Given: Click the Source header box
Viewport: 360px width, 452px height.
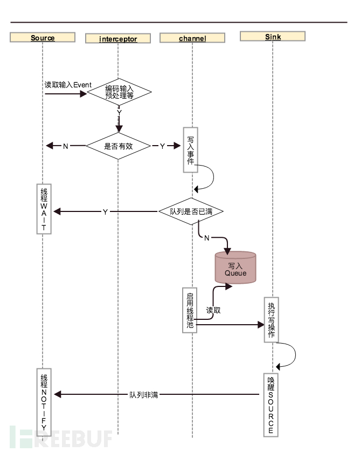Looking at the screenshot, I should click(43, 38).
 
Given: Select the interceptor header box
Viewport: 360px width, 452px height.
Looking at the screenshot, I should click(118, 39).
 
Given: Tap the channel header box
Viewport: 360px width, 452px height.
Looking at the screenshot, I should click(192, 38).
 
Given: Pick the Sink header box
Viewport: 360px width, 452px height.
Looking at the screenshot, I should click(273, 37).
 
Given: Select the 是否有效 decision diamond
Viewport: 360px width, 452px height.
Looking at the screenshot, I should click(119, 146).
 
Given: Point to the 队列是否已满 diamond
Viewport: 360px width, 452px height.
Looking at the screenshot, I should click(191, 211).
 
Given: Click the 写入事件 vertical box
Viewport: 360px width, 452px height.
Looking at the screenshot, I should click(191, 149).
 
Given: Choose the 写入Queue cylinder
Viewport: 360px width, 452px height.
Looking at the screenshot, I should click(236, 268).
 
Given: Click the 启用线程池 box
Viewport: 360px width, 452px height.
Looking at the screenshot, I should click(190, 310).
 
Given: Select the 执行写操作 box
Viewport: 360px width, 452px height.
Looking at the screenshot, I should click(271, 319).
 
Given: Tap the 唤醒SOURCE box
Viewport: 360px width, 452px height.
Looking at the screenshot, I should click(271, 405).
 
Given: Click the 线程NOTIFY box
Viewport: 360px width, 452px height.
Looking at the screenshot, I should click(44, 402).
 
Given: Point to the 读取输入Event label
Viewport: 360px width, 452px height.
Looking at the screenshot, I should click(68, 85).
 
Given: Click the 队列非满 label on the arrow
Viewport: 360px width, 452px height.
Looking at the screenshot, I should click(144, 395).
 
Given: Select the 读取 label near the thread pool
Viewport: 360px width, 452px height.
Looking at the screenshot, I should click(213, 311).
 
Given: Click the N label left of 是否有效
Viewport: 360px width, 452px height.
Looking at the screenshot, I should click(66, 146).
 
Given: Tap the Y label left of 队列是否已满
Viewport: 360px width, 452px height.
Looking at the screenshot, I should click(105, 212).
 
